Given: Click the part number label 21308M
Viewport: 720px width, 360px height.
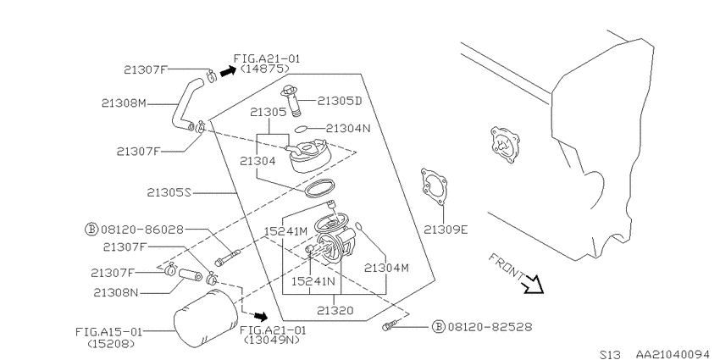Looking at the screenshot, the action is (x=124, y=104).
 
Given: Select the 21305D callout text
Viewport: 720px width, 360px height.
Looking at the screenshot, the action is (x=340, y=101).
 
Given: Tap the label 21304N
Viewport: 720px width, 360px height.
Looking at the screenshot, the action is (x=348, y=129).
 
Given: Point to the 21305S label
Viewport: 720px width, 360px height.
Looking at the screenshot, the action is (x=169, y=193).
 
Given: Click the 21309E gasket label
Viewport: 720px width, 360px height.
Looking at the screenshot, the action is (x=446, y=230).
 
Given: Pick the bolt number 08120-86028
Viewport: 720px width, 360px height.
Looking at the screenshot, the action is (x=141, y=229).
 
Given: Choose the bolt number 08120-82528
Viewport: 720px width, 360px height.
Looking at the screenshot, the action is (x=490, y=327).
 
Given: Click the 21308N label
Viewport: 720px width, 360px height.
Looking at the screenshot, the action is (x=116, y=292).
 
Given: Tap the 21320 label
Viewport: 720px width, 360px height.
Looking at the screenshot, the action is (x=335, y=310).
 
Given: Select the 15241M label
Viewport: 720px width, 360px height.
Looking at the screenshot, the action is (x=285, y=230).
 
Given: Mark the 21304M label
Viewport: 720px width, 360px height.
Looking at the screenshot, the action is (x=386, y=269).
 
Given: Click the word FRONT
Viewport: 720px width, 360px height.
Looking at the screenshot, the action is (x=506, y=266).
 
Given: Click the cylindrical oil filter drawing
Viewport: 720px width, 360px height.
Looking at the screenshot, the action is (x=206, y=319).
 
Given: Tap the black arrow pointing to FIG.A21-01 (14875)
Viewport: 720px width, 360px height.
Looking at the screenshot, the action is (x=227, y=71).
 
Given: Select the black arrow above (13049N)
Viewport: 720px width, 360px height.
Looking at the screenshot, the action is (x=261, y=316).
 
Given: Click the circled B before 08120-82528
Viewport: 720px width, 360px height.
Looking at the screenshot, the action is (x=440, y=327).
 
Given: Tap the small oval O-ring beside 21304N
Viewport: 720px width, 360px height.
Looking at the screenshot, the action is (x=302, y=129).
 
